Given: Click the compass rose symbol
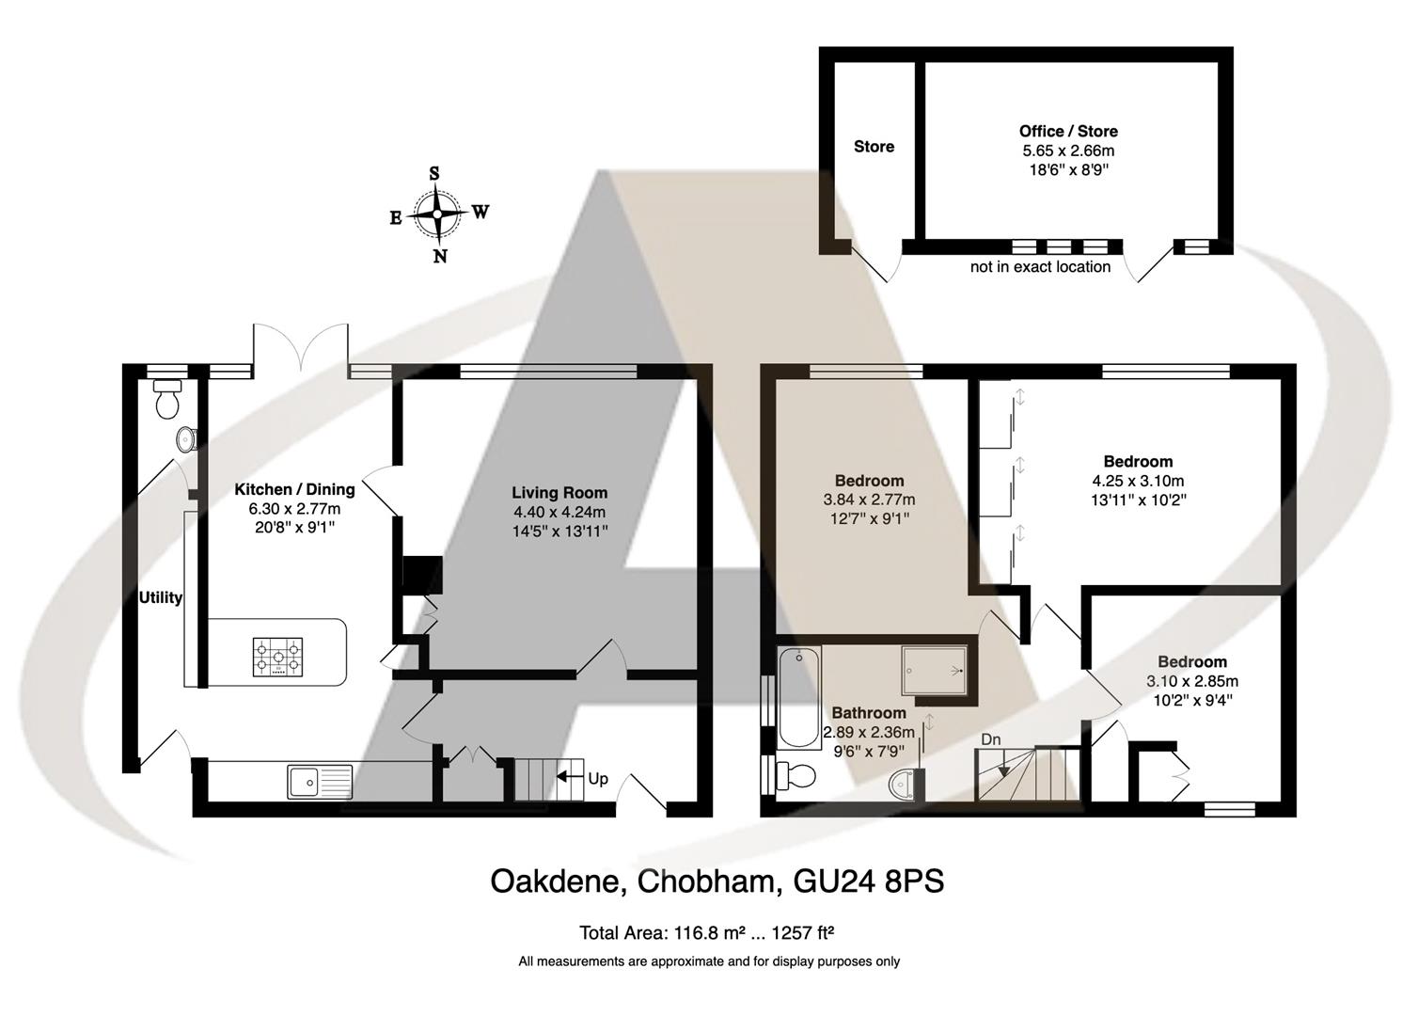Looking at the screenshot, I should (x=438, y=214).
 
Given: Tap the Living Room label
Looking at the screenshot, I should (x=559, y=492).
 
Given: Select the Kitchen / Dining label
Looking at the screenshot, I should (x=294, y=489).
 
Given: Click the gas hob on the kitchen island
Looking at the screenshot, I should (x=277, y=657).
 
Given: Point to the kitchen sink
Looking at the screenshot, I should (x=320, y=780).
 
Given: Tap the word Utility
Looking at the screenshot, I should (x=161, y=597).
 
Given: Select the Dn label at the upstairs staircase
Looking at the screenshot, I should (x=991, y=739).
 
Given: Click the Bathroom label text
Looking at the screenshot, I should (x=868, y=713).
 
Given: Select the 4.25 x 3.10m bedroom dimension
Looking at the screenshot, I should (x=1138, y=481).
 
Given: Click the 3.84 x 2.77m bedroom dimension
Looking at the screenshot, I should (x=869, y=500).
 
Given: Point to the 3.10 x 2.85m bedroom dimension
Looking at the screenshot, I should (x=1191, y=681).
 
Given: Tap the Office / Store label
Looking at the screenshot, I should (x=1068, y=131).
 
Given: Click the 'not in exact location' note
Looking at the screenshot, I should (x=1040, y=267).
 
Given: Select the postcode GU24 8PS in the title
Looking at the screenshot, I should (x=869, y=881).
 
